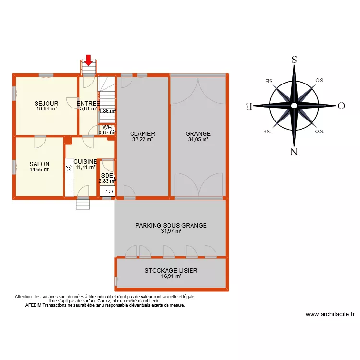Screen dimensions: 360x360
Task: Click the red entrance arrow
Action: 88,60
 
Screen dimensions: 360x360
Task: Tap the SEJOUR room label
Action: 46,103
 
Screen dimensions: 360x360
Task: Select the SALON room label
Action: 39,164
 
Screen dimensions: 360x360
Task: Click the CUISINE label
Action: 85,162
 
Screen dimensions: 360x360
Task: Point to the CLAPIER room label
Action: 143,134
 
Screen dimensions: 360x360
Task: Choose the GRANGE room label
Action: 198,134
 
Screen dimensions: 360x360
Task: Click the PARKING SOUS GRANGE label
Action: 171,225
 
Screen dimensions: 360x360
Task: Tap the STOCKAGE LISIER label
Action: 171,271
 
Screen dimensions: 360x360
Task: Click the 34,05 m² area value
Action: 198,140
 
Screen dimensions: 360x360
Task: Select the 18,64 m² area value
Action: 47,109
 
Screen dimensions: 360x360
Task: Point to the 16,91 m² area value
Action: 171,276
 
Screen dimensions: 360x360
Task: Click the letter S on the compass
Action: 294,60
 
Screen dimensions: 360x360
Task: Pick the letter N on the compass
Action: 294,152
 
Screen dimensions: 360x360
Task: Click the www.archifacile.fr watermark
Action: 330,315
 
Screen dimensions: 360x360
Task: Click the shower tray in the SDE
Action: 107,191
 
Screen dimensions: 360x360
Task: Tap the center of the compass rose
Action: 294,106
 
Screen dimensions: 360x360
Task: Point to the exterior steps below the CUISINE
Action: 83,204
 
